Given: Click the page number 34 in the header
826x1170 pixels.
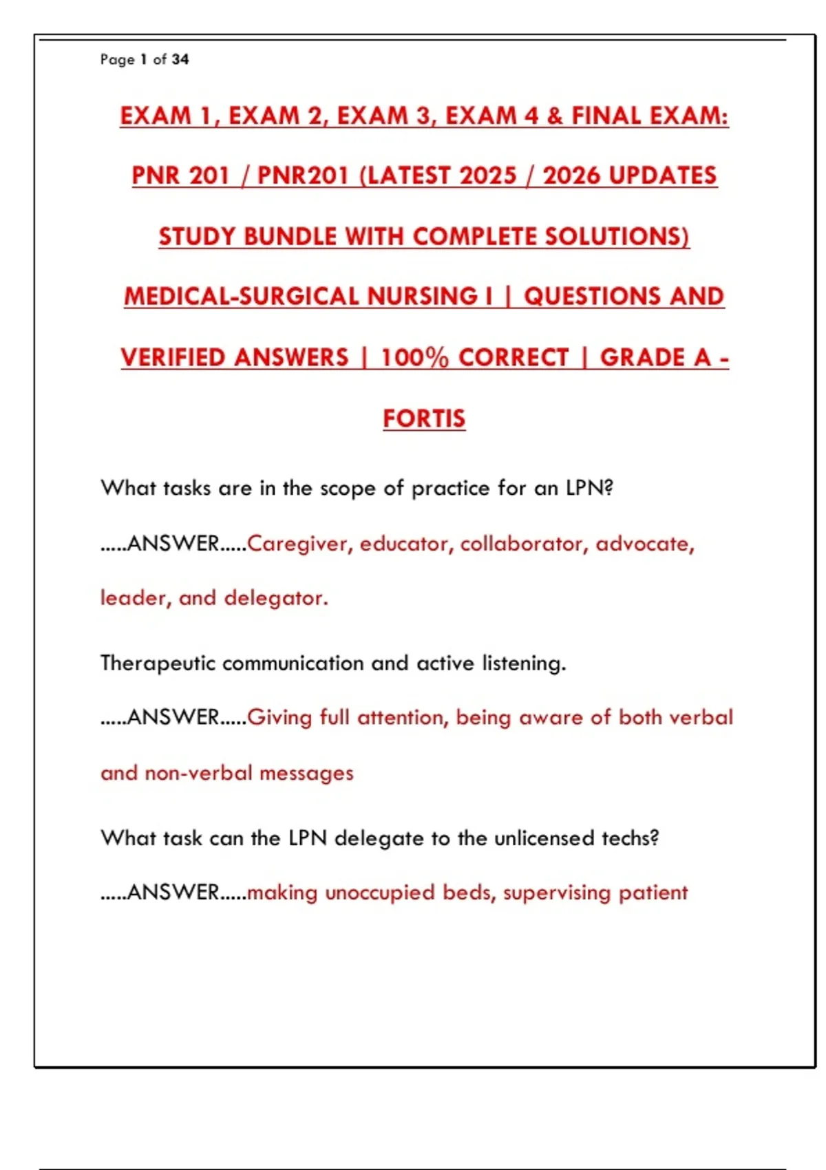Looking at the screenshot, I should click(x=180, y=59).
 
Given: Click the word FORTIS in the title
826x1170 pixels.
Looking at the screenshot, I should click(x=424, y=418).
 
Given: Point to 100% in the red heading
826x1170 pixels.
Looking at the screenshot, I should click(x=414, y=357).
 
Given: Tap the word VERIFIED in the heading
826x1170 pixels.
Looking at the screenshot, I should click(x=177, y=357).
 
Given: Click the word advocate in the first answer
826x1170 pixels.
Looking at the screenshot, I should click(x=644, y=544).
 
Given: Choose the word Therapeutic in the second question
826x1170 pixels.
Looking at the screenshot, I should click(x=158, y=663).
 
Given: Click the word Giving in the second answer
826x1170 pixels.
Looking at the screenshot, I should click(x=279, y=718).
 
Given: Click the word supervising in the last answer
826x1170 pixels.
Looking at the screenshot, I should click(x=557, y=893).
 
